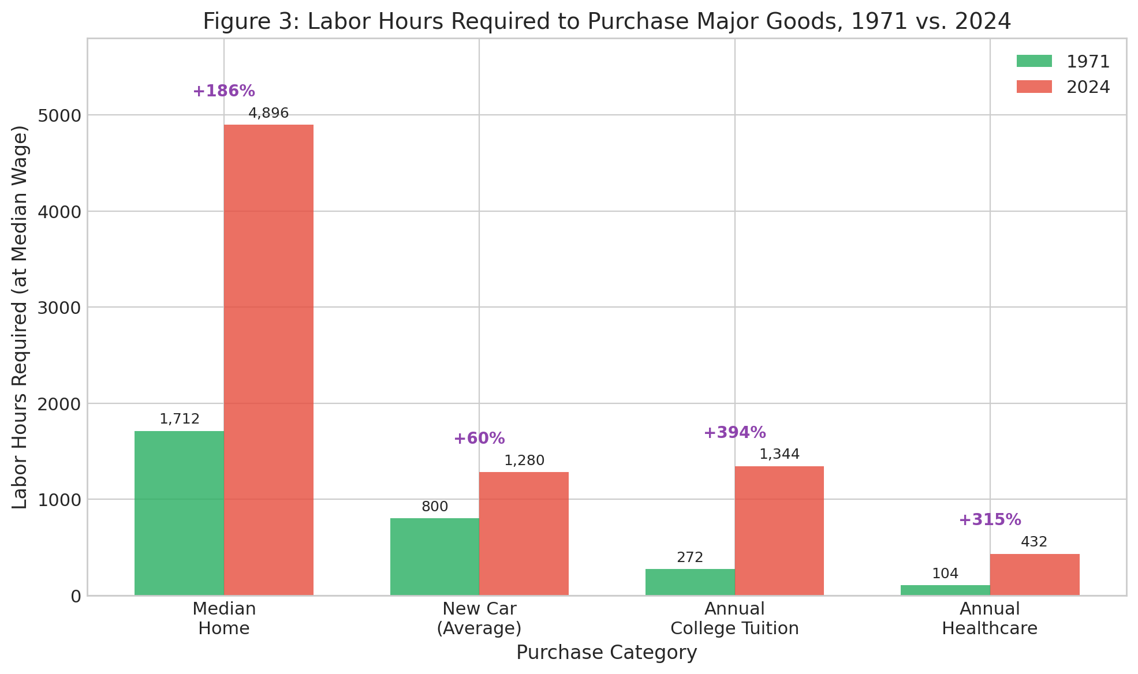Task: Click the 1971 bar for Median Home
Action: click(179, 513)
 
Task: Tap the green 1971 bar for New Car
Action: click(434, 557)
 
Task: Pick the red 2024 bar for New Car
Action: click(524, 534)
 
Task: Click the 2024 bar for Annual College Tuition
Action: click(779, 531)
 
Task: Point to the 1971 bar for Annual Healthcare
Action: click(945, 590)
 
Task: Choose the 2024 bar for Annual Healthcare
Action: click(1035, 575)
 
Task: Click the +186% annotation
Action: click(223, 91)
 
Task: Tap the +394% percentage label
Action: click(734, 433)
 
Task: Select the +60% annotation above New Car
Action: click(479, 439)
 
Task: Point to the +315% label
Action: click(990, 520)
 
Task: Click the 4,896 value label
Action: click(268, 113)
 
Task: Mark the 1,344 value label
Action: click(779, 454)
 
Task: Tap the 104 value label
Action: click(945, 574)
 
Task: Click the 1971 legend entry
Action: click(1062, 62)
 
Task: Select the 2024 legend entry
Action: click(1062, 87)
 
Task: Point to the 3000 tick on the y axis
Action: click(59, 308)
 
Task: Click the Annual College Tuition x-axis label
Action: click(734, 619)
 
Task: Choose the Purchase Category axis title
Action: click(606, 653)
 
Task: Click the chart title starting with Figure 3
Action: click(606, 22)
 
